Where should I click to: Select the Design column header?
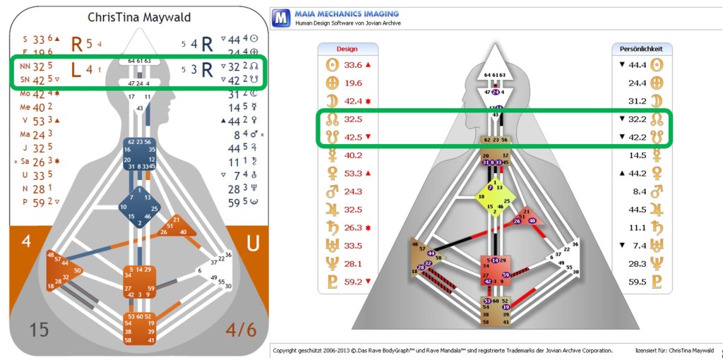[x=347, y=49]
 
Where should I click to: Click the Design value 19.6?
[x=354, y=82]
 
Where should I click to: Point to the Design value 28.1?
[x=354, y=263]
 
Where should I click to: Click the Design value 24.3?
[x=354, y=191]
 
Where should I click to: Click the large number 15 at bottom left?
[x=40, y=330]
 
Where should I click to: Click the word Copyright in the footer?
[x=290, y=350]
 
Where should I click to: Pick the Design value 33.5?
[x=354, y=246]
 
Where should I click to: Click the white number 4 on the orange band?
[x=26, y=241]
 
